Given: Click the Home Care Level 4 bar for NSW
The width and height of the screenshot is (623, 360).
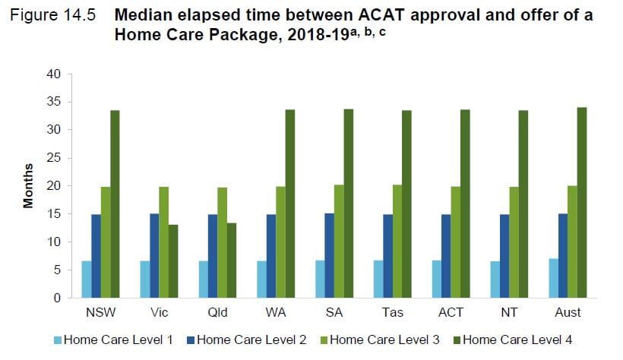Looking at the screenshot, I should click(x=115, y=204).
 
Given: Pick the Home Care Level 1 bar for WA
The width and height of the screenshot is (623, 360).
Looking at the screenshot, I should click(x=262, y=279).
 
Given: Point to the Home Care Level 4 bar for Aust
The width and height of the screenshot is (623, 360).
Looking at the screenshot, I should click(x=582, y=203).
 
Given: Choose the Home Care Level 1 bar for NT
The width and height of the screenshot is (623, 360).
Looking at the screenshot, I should click(x=495, y=279).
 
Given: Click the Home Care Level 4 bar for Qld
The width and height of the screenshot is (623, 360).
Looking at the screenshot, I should click(x=232, y=261).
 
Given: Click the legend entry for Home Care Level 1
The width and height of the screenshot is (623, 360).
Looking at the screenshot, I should click(x=118, y=339).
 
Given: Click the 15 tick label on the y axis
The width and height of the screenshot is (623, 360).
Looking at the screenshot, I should click(x=52, y=214).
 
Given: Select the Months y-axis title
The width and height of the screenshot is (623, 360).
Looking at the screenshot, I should click(x=28, y=186).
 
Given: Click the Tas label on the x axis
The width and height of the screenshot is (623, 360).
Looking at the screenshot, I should click(x=393, y=312).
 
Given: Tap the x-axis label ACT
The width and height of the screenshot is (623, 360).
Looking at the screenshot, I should click(x=451, y=312).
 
